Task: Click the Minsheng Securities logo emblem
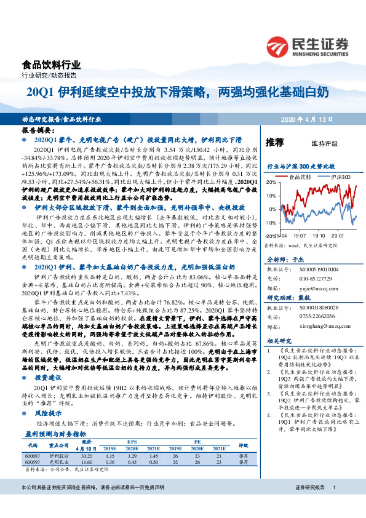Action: (x=279, y=46)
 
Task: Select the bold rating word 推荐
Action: (x=274, y=143)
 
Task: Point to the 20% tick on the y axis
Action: (x=271, y=183)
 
